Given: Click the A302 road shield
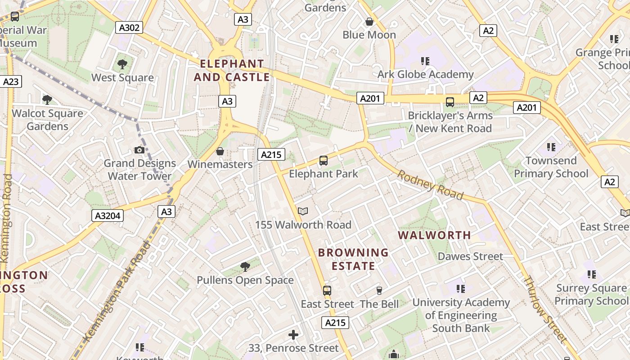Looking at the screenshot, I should click(129, 27).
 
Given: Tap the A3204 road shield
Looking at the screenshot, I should click(108, 216).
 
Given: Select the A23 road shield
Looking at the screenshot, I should click(11, 81).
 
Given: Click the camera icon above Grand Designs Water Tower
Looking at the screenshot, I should click(139, 150).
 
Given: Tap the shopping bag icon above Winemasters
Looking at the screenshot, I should click(220, 151).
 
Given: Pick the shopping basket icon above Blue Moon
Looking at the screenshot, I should click(369, 22).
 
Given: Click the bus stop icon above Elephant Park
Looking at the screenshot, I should click(323, 160).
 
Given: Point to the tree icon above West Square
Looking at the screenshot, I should click(122, 64).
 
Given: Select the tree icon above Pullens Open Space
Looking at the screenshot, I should click(245, 267).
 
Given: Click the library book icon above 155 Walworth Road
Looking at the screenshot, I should click(303, 211).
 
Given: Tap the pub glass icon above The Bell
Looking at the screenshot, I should click(379, 291).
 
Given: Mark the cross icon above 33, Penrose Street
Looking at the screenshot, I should click(293, 335).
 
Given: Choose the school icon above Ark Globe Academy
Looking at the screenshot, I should click(425, 61).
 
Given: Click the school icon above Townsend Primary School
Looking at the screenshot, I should click(551, 147).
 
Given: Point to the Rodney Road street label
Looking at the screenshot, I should click(430, 184).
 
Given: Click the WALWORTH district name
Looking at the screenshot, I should click(435, 235).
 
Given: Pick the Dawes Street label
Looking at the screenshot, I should click(470, 256).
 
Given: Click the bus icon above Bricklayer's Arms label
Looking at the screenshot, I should click(450, 102).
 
